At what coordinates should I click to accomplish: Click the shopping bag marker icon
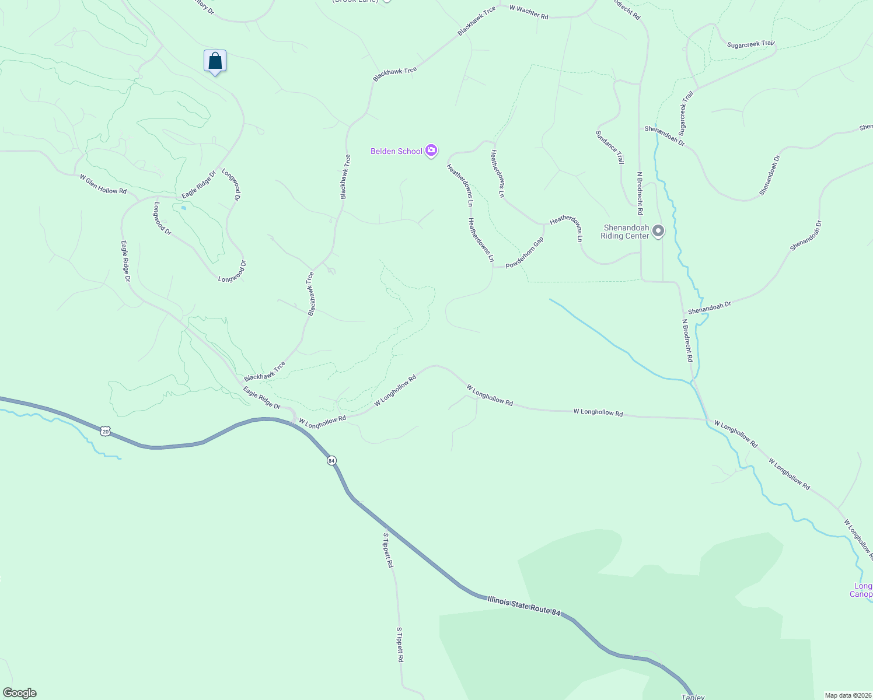point(215,61)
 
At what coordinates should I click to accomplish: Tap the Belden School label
point(396,152)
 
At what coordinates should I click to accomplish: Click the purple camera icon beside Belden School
point(431,151)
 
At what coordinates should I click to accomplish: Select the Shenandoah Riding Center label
point(625,232)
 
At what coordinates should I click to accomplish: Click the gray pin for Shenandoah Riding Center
point(658,232)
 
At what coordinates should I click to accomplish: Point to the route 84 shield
point(331,461)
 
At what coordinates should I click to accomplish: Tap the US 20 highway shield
point(104,431)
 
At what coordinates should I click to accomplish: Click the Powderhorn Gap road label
point(525,253)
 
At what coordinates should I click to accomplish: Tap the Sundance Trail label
point(610,147)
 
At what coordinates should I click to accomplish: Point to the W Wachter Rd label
point(529,12)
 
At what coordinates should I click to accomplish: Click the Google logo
point(20,693)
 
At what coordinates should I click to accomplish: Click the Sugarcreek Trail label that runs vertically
point(686,113)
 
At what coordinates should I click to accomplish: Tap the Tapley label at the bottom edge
point(693,696)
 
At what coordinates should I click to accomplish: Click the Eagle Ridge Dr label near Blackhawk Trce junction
point(261,398)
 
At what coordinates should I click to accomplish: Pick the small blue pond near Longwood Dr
point(184,207)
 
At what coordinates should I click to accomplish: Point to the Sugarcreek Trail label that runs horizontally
point(750,44)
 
